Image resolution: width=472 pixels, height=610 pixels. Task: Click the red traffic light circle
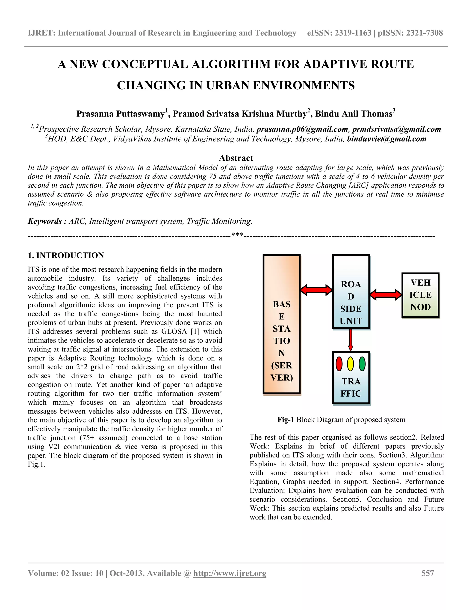point(339,364)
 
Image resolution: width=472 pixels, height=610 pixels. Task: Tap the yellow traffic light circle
point(351,364)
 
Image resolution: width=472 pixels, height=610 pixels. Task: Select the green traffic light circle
point(362,364)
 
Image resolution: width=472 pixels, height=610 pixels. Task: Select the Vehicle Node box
point(421,295)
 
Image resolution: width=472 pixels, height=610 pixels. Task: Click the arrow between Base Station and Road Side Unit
point(316,290)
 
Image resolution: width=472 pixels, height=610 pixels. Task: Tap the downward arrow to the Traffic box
point(351,340)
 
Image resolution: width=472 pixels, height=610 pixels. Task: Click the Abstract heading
point(236,158)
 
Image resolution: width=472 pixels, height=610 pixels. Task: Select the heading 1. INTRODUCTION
point(66,255)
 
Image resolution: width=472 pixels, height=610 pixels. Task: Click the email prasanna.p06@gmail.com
point(302,129)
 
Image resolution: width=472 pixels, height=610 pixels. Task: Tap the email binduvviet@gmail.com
point(386,139)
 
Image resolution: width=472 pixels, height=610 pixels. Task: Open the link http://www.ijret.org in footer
point(230,573)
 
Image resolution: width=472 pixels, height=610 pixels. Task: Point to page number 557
point(428,573)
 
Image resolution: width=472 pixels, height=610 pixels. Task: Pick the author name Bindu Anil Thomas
point(354,114)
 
